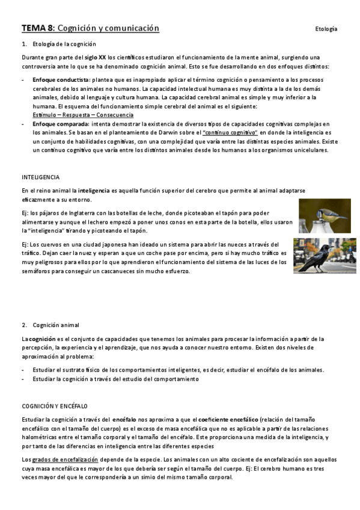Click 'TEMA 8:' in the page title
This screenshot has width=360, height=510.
coord(38,28)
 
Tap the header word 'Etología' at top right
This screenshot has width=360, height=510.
coord(326,29)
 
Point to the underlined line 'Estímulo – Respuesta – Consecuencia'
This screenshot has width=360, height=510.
coord(83,115)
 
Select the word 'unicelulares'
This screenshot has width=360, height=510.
coord(310,150)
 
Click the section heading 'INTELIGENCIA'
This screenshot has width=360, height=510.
coord(40,177)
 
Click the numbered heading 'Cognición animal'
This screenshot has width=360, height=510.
coord(58,325)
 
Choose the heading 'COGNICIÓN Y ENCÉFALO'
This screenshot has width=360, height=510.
coord(55,406)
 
